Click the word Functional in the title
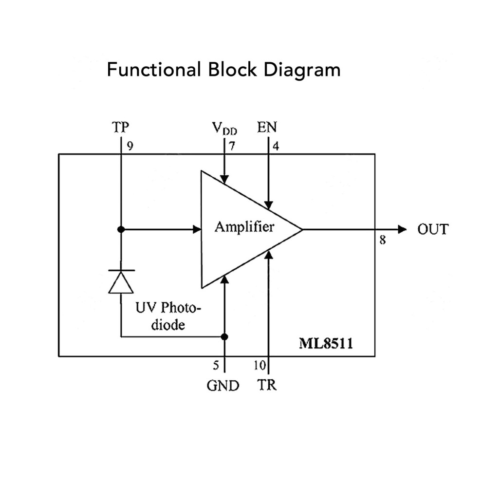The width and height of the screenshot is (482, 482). [154, 69]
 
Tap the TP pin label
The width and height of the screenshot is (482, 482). [120, 127]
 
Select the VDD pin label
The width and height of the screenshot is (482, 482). [224, 128]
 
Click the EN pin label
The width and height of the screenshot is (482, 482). [267, 127]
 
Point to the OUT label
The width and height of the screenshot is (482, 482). [433, 229]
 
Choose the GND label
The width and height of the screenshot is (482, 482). [223, 386]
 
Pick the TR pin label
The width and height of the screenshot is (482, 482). [266, 385]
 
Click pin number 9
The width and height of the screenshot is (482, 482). [130, 146]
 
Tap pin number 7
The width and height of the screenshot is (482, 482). [232, 146]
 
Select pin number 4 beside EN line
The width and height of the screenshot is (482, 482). [276, 146]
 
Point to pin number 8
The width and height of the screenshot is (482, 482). [382, 240]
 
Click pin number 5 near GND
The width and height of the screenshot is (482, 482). [216, 365]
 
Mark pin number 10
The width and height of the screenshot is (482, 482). [260, 365]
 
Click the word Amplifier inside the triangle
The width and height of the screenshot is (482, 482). [244, 227]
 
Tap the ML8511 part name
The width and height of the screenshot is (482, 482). [326, 343]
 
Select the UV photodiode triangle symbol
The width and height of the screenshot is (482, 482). [121, 282]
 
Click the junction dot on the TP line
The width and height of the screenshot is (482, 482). [121, 229]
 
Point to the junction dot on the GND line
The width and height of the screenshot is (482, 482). [225, 337]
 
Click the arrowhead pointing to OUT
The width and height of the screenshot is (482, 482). [402, 229]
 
